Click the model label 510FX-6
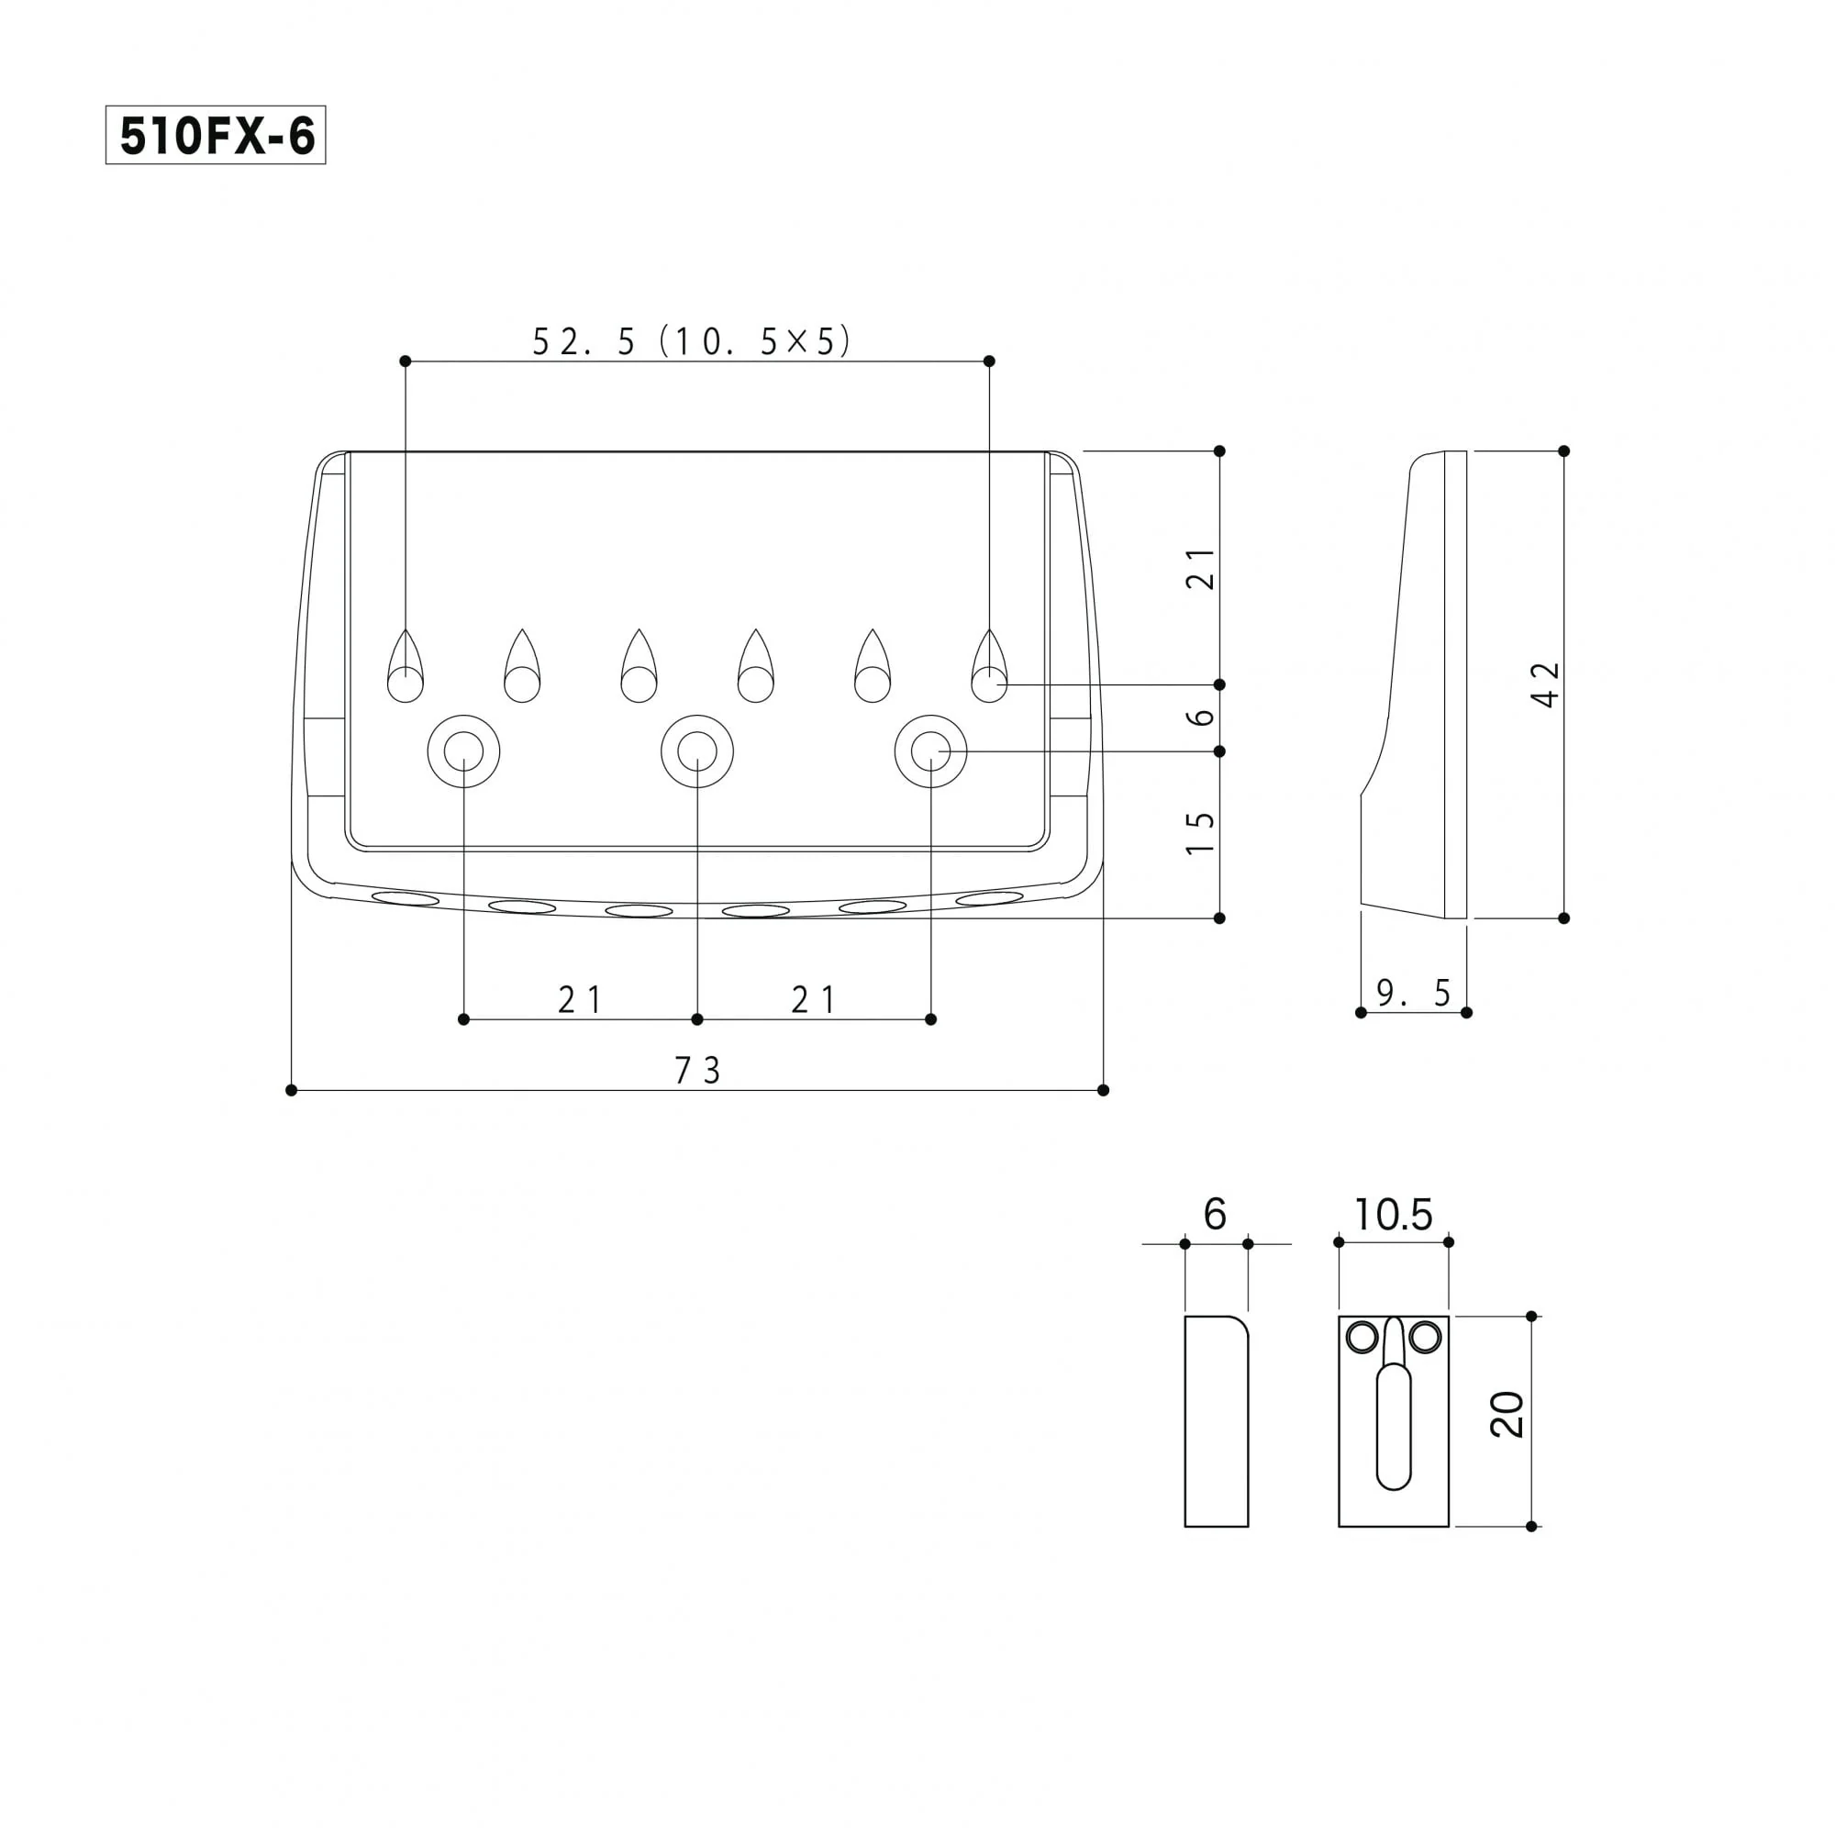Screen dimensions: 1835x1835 [x=216, y=136]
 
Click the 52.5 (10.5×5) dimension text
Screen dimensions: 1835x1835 [x=691, y=342]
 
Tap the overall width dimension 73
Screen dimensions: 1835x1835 [x=697, y=1071]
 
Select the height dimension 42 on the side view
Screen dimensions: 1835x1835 [x=1546, y=684]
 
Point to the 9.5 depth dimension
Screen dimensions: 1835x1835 [x=1413, y=994]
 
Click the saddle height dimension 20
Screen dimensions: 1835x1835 [x=1507, y=1414]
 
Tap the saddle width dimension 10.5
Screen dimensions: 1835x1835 [x=1393, y=1215]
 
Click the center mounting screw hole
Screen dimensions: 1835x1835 [x=697, y=751]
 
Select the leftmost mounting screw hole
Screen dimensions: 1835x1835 [x=463, y=751]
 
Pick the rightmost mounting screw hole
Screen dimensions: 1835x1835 [x=930, y=751]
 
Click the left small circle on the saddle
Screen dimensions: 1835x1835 [x=1362, y=1339]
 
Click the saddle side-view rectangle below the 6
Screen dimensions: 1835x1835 [x=1216, y=1421]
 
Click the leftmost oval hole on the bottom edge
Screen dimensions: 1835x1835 [x=406, y=898]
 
